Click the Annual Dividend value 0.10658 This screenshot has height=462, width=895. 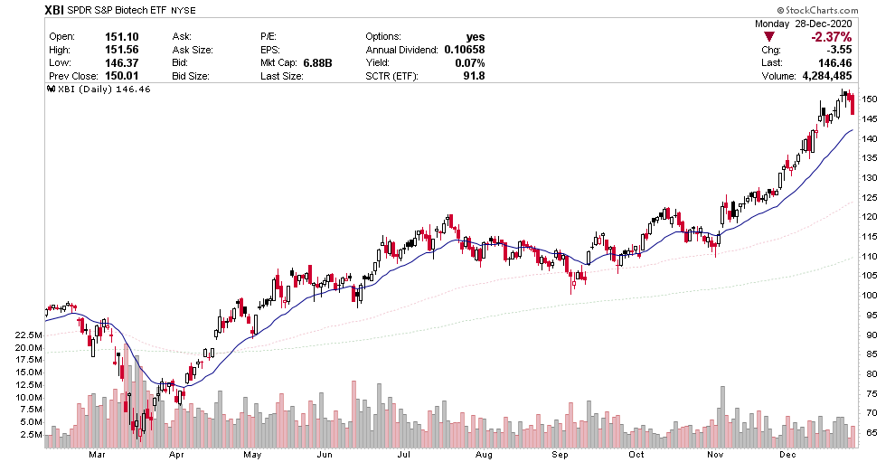465,50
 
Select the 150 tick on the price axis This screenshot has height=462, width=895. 870,99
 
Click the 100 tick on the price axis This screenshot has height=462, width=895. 870,295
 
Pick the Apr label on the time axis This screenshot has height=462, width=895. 176,453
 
